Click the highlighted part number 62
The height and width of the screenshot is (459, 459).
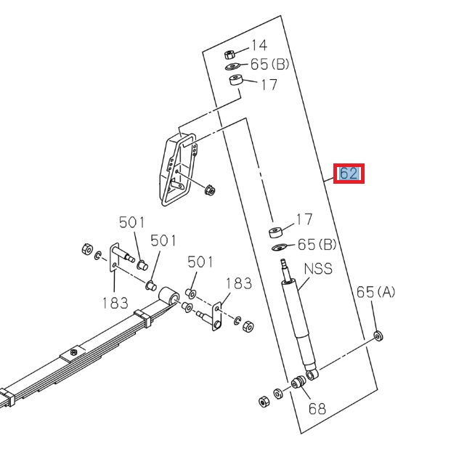pos(349,174)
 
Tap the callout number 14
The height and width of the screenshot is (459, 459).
pos(259,45)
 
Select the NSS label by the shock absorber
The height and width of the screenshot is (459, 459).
pos(317,269)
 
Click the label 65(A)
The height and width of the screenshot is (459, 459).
pos(375,292)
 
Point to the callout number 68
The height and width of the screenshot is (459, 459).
pos(317,408)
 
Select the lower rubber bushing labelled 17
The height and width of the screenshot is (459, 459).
pos(275,232)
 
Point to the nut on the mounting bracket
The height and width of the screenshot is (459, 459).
pos(210,191)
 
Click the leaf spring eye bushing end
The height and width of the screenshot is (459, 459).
pos(169,296)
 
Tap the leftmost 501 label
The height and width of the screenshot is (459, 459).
pos(132,222)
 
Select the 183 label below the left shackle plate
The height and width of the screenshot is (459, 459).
pos(115,303)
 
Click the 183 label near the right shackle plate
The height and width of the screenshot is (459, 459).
pos(238,283)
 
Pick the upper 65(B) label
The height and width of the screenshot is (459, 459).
pos(269,64)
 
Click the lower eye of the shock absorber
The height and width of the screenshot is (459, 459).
pos(312,374)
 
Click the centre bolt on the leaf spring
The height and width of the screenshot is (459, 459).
pos(73,354)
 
